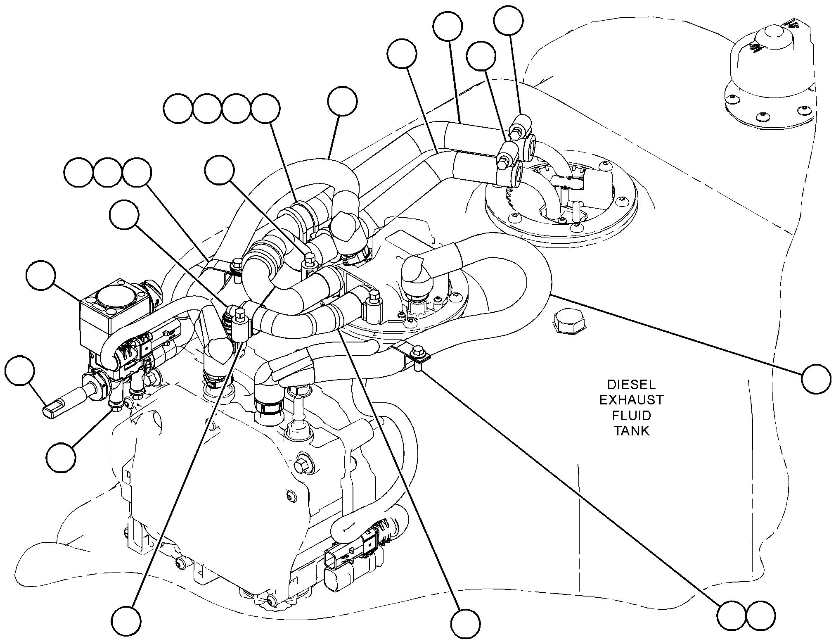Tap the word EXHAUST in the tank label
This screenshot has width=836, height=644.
point(631,400)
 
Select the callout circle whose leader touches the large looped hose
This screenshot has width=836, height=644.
point(816,379)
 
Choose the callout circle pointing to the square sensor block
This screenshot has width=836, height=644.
point(40,275)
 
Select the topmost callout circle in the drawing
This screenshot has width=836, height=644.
point(509,21)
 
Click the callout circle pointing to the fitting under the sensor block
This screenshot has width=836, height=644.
point(61,457)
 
